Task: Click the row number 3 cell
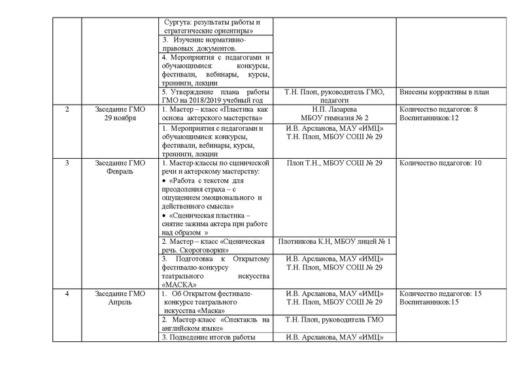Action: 68,162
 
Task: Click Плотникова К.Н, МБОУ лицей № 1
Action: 334,242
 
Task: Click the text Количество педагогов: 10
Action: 440,162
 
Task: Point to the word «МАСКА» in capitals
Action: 177,285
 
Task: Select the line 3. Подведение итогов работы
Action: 207,337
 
